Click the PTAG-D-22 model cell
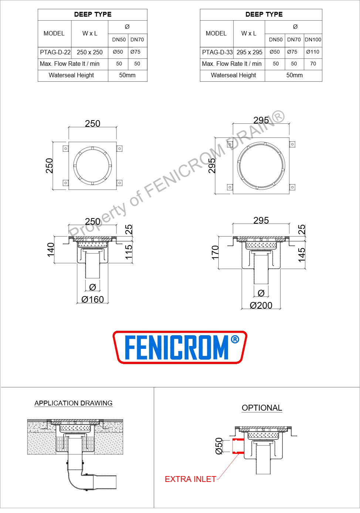pos(55,52)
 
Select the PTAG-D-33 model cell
pos(217,52)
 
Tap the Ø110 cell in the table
pos(313,52)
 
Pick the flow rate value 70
pos(313,64)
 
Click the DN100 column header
pos(313,40)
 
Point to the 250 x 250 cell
pos(89,52)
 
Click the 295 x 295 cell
pos(249,52)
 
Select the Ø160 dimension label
pos(92,299)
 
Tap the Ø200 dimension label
pos(261,305)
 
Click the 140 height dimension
pos(51,249)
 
